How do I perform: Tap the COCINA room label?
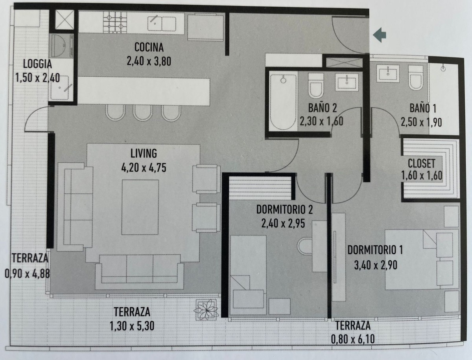(x=149, y=48)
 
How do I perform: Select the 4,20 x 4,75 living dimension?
(x=144, y=168)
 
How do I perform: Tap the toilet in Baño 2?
(x=315, y=85)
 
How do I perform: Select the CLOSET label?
(x=421, y=163)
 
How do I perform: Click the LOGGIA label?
(x=37, y=64)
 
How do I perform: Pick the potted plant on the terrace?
(x=206, y=309)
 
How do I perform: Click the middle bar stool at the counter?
(x=142, y=113)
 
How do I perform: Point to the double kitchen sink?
(x=162, y=23)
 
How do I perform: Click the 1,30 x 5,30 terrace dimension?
(x=132, y=326)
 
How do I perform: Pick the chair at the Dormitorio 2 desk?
(x=305, y=247)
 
